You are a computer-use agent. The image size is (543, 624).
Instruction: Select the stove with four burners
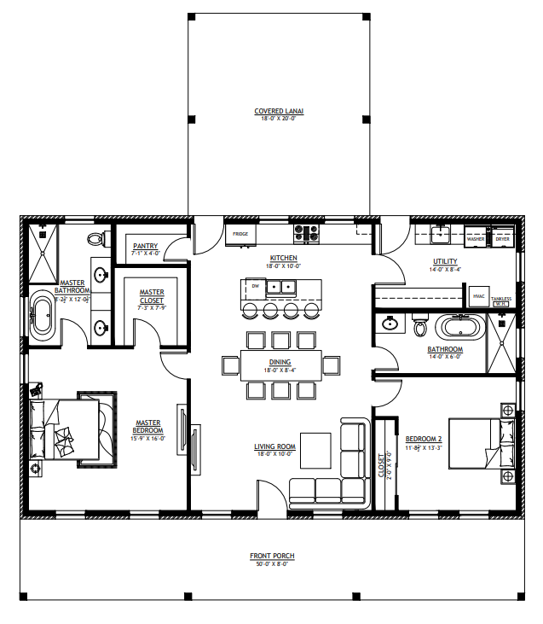point(306,230)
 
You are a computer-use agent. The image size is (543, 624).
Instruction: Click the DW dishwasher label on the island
point(254,286)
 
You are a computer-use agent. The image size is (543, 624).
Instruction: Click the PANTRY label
point(146,248)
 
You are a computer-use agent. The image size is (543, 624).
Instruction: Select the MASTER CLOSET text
point(152,298)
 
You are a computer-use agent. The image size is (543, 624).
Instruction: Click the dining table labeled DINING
point(280,364)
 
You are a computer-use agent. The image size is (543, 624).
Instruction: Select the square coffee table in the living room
point(315,449)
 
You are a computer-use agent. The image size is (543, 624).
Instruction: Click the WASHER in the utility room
point(475,238)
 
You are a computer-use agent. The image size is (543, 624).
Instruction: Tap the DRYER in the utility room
point(503,238)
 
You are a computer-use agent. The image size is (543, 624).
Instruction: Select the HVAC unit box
point(478,295)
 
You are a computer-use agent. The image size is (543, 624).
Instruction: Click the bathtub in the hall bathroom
point(459,327)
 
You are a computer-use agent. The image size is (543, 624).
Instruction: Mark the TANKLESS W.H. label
point(501,300)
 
